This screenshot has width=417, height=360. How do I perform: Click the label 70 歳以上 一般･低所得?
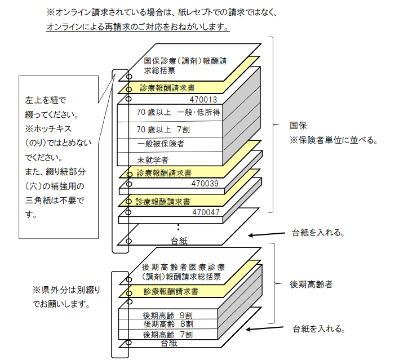pos(178,113)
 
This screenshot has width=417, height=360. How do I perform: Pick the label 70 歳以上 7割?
pos(163,129)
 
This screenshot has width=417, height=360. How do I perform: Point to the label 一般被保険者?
pos(161,144)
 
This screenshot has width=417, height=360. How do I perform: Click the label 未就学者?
pos(153,160)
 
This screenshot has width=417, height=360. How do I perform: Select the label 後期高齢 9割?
pos(168,315)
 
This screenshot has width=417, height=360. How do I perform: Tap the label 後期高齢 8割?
pos(168,325)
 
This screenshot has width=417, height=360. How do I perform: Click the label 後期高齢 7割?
pos(168,335)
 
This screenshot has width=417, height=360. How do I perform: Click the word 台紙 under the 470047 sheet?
pos(179,241)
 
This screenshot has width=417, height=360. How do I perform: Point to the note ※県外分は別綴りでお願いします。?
pos(66,297)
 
